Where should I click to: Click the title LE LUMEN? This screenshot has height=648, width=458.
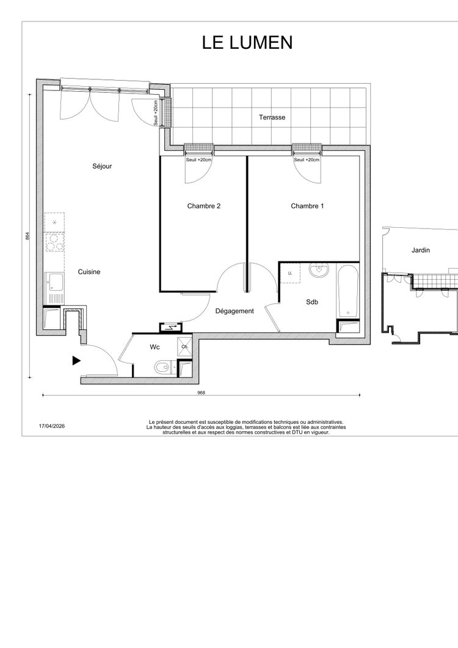(247, 43)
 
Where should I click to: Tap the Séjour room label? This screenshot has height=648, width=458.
(102, 166)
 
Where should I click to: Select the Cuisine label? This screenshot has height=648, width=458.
(89, 272)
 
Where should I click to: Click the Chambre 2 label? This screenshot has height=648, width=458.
(204, 206)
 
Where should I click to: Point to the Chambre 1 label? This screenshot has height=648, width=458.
(307, 206)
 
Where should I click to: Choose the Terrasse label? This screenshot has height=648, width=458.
(272, 117)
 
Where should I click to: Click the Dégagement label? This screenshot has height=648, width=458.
(234, 311)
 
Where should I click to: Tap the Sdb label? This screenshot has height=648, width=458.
(312, 302)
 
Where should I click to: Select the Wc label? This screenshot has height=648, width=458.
(154, 347)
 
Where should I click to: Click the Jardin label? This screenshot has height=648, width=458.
(420, 250)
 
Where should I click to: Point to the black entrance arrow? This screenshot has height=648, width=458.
(76, 360)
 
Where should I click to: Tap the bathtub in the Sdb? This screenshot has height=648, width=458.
(347, 291)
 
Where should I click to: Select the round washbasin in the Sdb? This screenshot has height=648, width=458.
(319, 271)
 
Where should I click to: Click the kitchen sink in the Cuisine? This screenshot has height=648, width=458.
(55, 283)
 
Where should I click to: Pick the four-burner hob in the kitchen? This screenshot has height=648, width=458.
(54, 242)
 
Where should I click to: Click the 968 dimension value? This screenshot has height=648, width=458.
(202, 393)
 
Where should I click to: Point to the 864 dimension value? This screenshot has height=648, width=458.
(27, 236)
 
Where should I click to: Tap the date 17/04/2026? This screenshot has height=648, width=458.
(52, 426)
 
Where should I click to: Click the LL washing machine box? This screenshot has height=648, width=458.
(290, 273)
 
